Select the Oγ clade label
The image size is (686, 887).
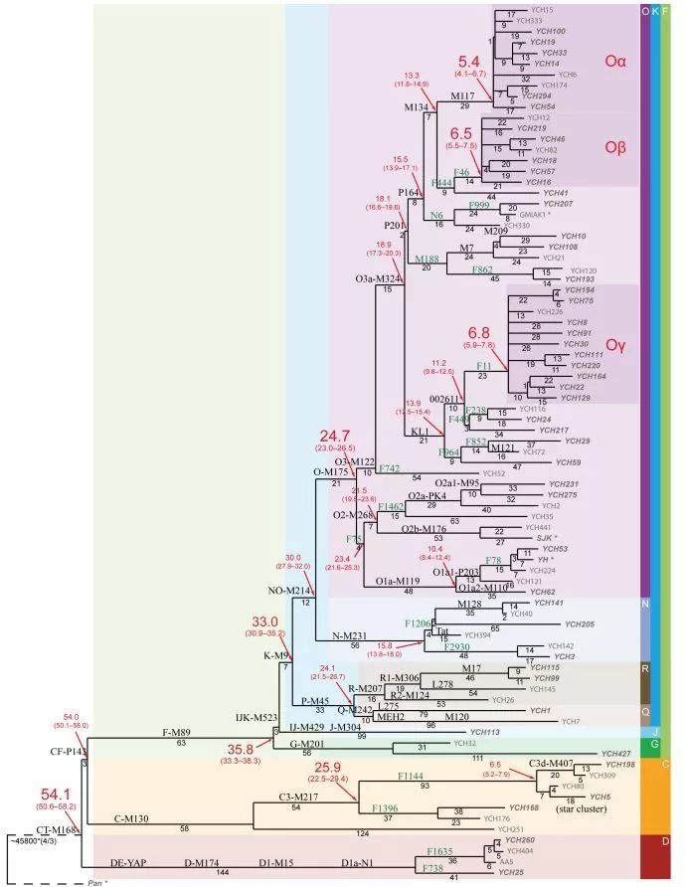point(616,345)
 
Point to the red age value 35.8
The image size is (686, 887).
point(247,749)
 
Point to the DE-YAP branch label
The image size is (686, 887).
point(126,863)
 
